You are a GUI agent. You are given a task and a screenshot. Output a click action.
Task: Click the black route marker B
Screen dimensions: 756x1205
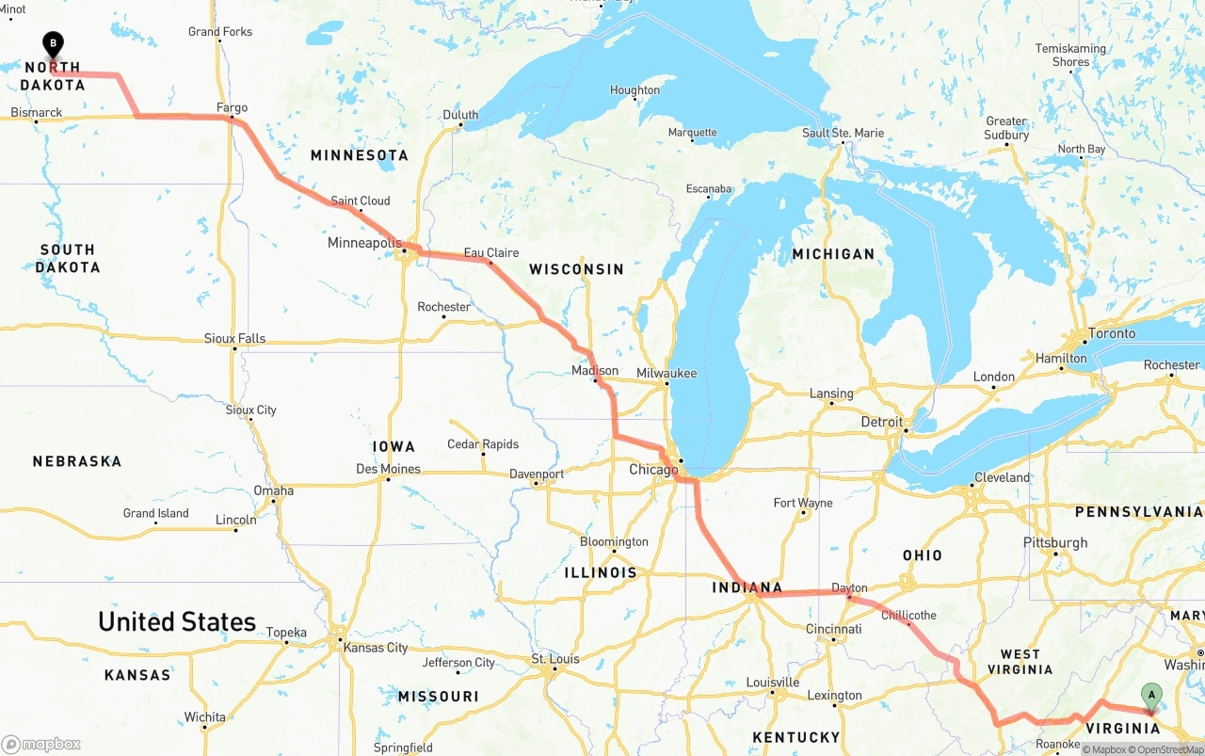[x=54, y=43]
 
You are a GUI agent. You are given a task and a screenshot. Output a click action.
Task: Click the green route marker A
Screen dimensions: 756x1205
[x=1150, y=697]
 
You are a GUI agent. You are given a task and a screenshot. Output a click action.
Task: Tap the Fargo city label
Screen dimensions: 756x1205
[x=232, y=107]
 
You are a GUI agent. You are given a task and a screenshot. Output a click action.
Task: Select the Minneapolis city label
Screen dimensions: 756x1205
[x=365, y=243]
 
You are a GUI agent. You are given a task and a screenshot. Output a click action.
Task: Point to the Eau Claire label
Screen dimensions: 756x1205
[x=491, y=252]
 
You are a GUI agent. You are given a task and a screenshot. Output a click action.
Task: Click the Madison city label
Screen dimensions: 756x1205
[x=595, y=370]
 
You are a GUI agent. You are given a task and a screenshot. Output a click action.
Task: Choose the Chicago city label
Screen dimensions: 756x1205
[x=653, y=470]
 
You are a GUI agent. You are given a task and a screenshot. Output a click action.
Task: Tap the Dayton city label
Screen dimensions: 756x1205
[x=850, y=587]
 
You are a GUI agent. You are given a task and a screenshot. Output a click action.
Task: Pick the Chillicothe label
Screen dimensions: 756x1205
[x=908, y=615]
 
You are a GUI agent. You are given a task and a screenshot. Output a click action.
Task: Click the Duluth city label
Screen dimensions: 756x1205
[x=460, y=115]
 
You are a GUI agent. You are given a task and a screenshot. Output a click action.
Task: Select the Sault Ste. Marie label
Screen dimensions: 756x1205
[x=843, y=133]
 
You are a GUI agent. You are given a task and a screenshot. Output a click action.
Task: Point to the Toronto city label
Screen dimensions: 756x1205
[x=1111, y=333]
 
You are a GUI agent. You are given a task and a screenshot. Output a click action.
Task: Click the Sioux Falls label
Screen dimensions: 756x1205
[x=234, y=338]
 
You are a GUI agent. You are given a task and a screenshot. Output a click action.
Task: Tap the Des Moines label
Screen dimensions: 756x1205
[x=388, y=469]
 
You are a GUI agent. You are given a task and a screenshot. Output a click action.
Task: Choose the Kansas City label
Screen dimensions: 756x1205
[x=376, y=647]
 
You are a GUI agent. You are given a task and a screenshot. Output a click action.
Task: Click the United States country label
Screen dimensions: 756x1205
[x=177, y=621]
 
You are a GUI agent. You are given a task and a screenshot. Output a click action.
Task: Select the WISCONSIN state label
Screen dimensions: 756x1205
[x=576, y=269]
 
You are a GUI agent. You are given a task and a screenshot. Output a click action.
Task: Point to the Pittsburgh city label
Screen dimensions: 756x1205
[x=1055, y=542]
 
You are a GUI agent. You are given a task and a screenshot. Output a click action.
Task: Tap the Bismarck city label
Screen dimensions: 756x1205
[x=37, y=112]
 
